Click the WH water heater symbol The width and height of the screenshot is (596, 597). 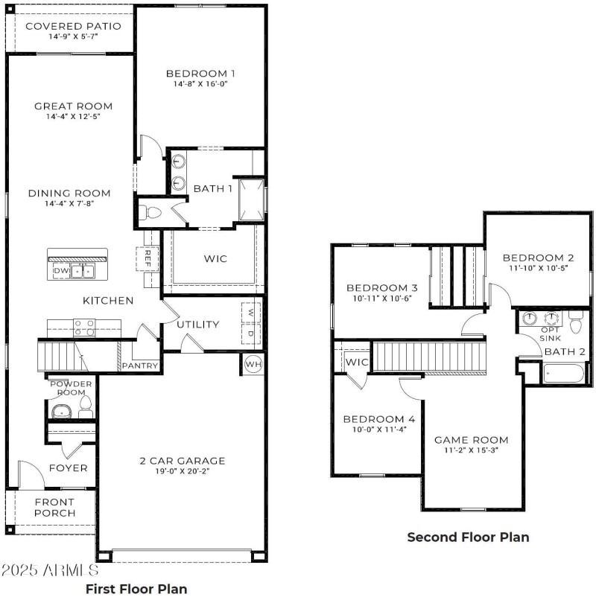coord(253,365)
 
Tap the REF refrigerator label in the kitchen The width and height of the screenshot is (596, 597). coord(148,258)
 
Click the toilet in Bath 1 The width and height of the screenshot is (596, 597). coord(150,213)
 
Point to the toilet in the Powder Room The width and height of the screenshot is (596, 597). coord(85,406)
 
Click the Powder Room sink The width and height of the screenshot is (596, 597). coord(60,410)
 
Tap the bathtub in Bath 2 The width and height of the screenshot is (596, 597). coord(566,373)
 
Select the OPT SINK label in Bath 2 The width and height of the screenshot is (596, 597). coord(551,334)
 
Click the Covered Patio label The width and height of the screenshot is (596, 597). coord(73,26)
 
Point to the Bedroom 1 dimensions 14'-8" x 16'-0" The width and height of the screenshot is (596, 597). coord(200,84)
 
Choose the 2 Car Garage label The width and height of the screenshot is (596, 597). coord(182,460)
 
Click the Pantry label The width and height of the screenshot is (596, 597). coord(139,365)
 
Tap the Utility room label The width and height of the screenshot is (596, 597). coord(197,324)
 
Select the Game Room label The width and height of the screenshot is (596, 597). coord(471,440)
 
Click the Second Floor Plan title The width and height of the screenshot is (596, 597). coord(468,537)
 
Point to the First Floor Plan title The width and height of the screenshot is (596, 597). coord(136,588)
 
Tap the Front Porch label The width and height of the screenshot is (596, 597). coord(54,507)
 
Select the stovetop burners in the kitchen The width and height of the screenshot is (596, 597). coord(83,325)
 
